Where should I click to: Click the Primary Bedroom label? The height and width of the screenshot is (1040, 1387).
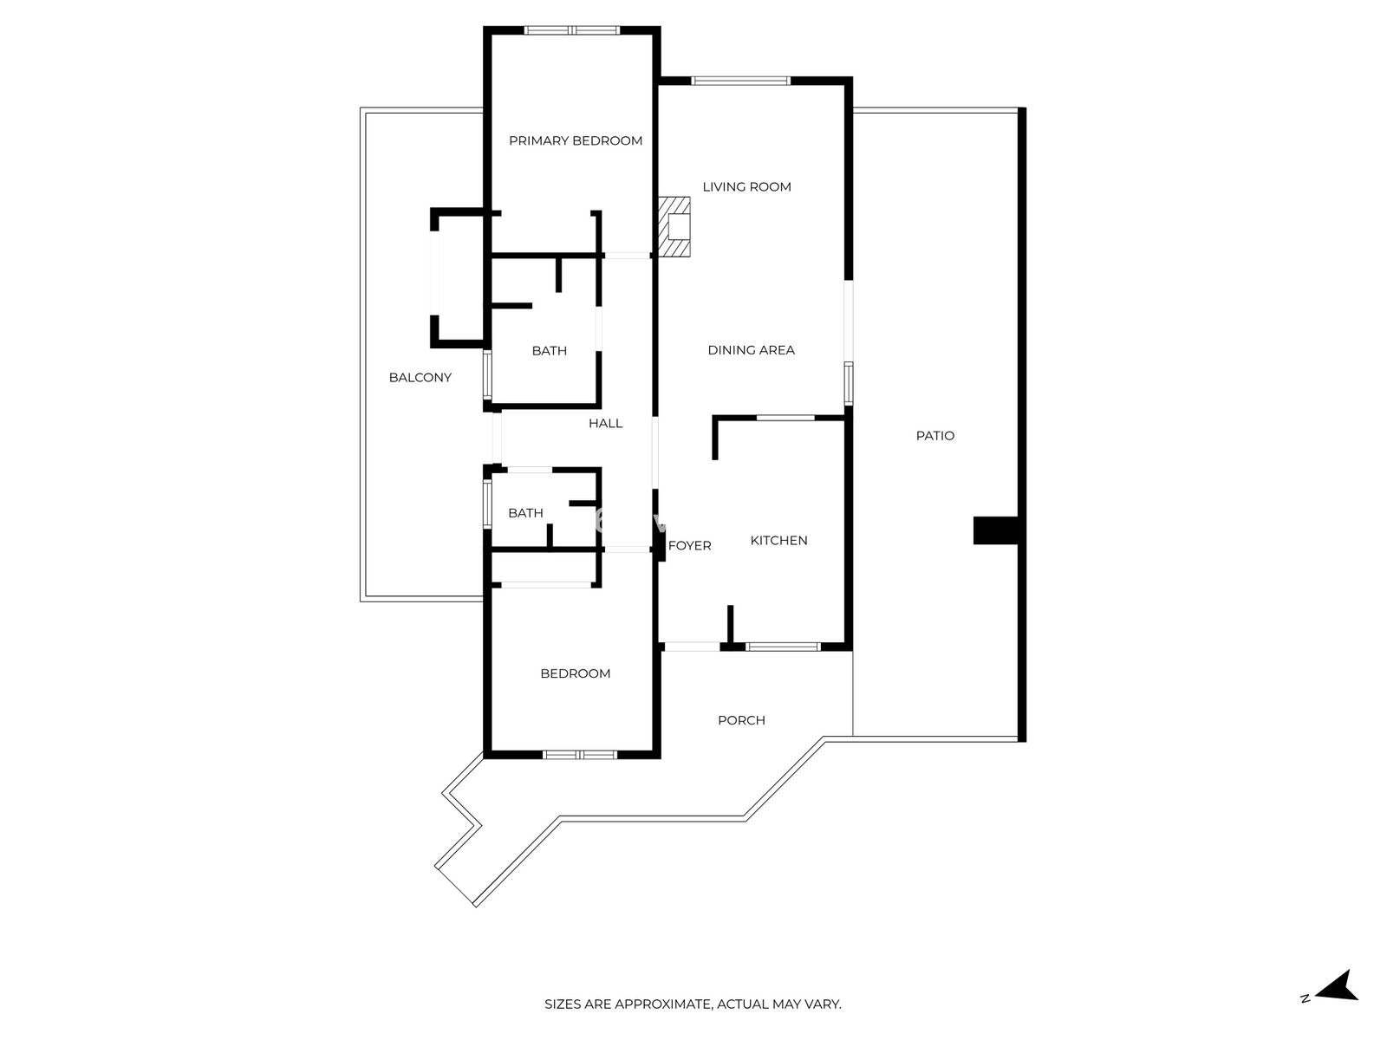tap(575, 140)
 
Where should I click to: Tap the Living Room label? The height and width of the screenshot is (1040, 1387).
tap(746, 187)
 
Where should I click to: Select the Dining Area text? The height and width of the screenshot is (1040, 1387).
tap(751, 350)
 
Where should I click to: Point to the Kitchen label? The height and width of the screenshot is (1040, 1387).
tap(778, 541)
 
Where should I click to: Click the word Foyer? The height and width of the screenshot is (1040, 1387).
tap(689, 546)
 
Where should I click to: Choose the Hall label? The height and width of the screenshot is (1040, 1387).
tap(605, 424)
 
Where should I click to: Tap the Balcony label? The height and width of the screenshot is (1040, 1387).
tap(420, 378)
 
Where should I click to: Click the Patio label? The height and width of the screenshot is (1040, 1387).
tap(935, 436)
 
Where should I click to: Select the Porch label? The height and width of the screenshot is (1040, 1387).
tap(741, 720)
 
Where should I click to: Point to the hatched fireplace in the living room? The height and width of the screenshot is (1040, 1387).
tap(674, 227)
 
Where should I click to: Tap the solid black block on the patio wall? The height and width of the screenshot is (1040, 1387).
tap(996, 530)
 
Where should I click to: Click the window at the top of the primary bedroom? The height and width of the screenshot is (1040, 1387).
tap(572, 30)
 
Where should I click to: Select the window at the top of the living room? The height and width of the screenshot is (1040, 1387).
tap(740, 81)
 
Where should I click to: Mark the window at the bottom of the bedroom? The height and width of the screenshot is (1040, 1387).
tap(580, 754)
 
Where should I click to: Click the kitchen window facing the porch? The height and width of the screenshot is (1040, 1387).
tap(783, 647)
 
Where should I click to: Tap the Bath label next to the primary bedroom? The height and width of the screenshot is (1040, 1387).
tap(549, 351)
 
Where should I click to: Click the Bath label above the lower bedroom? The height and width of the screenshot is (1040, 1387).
tap(525, 513)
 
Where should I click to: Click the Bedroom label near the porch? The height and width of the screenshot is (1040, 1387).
tap(575, 673)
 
